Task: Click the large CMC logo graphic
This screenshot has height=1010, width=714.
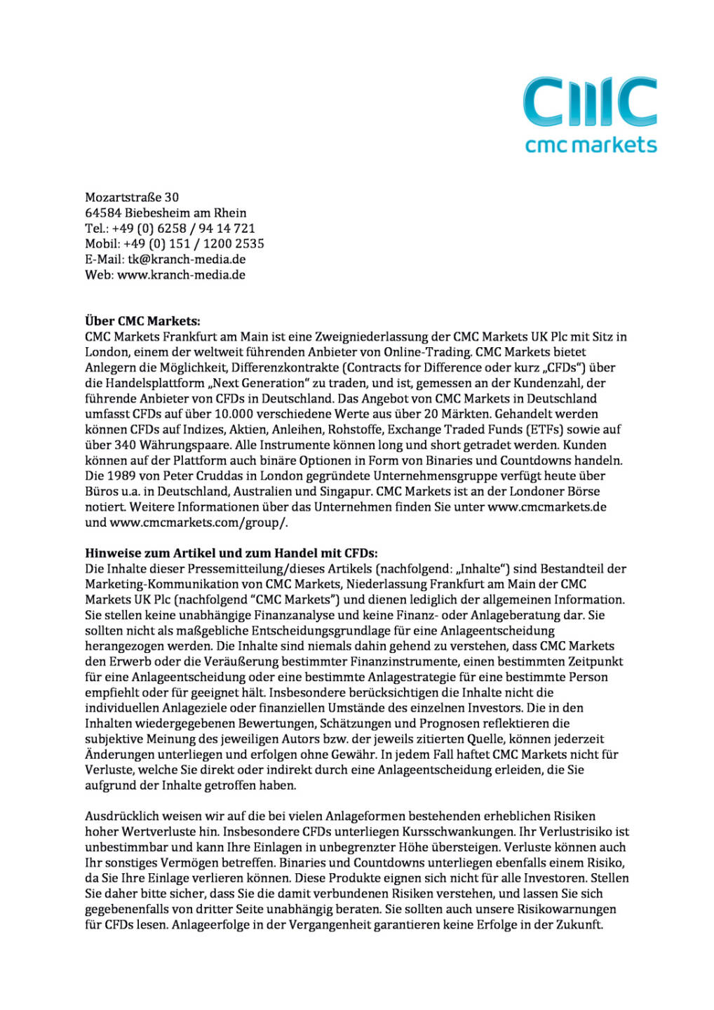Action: (591, 102)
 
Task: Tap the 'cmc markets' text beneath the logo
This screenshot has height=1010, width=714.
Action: (591, 145)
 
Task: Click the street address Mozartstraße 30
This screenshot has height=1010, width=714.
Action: (132, 197)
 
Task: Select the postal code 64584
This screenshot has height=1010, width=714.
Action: (103, 213)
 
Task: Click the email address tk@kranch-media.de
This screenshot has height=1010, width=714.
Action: (187, 259)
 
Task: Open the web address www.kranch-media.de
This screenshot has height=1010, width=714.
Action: (181, 275)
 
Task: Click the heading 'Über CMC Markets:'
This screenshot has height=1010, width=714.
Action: (142, 321)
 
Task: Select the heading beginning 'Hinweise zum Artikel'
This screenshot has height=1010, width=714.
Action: (231, 553)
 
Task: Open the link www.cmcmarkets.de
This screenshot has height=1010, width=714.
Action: (546, 506)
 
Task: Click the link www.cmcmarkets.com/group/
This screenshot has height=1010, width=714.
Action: (198, 522)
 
